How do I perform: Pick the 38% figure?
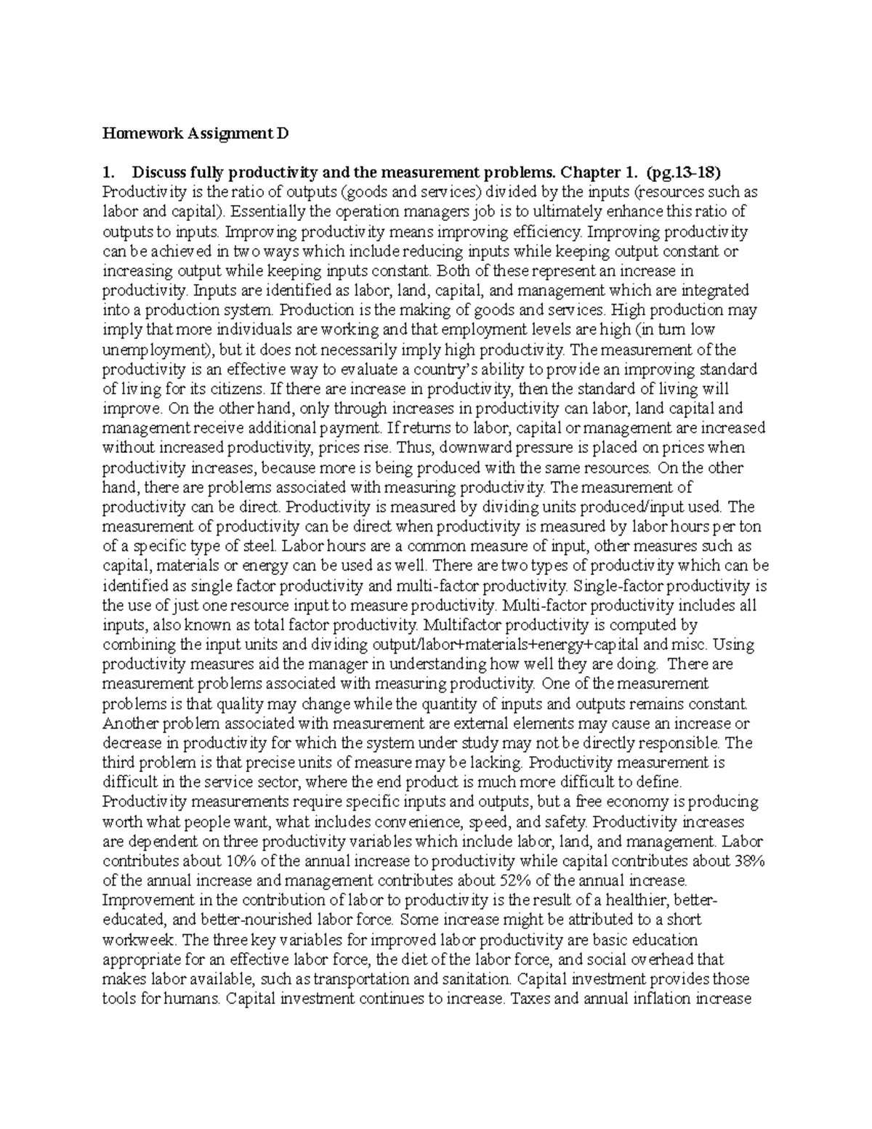pyautogui.click(x=748, y=861)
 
